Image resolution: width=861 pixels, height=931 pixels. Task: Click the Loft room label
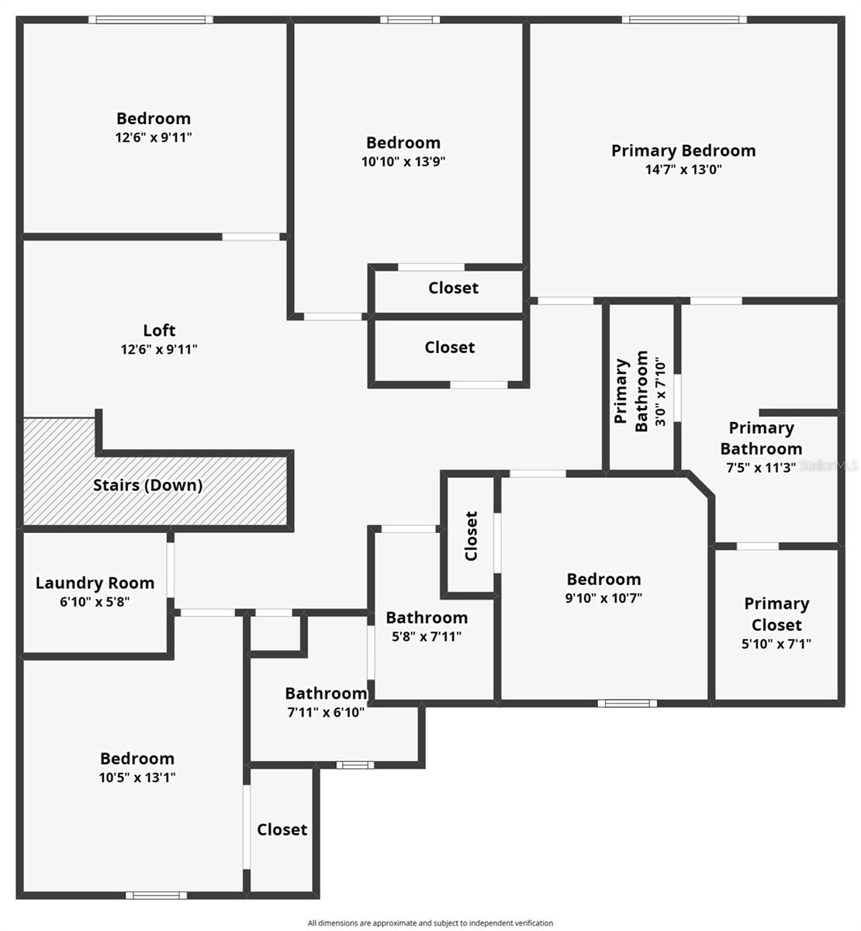coord(159,330)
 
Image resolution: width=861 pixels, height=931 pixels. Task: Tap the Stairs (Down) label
coord(147,485)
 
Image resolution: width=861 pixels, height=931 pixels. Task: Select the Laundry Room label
coord(95,583)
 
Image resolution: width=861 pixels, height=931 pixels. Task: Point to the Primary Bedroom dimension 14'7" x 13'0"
coord(683,169)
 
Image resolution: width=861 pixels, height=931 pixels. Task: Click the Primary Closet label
coord(776,614)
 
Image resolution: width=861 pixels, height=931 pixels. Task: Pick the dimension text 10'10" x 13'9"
coord(403,161)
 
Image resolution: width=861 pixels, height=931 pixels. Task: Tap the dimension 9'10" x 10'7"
coord(603,598)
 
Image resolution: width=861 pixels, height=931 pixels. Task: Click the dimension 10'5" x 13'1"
coord(137,777)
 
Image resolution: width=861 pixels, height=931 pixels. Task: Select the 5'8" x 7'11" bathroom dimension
coord(427,636)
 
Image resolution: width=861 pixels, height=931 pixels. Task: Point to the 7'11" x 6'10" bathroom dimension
coord(326,712)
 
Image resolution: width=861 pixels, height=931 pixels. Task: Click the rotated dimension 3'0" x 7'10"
coord(660,392)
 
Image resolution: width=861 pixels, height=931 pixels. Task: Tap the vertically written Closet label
coord(471,535)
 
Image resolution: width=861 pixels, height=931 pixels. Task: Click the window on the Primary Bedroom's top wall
coord(684,19)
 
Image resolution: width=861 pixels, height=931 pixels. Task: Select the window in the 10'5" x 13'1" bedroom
coord(156,895)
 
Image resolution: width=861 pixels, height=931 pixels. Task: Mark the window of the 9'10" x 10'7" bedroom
coord(627,703)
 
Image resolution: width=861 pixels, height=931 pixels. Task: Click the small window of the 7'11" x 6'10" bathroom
coord(355,765)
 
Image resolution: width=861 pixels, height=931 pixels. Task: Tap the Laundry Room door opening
coord(170,569)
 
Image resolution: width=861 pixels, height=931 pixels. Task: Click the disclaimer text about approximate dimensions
coord(430,922)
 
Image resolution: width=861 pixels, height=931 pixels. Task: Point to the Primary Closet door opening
coord(757,546)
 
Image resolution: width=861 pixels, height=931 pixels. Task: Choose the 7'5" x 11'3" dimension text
coord(761,467)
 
